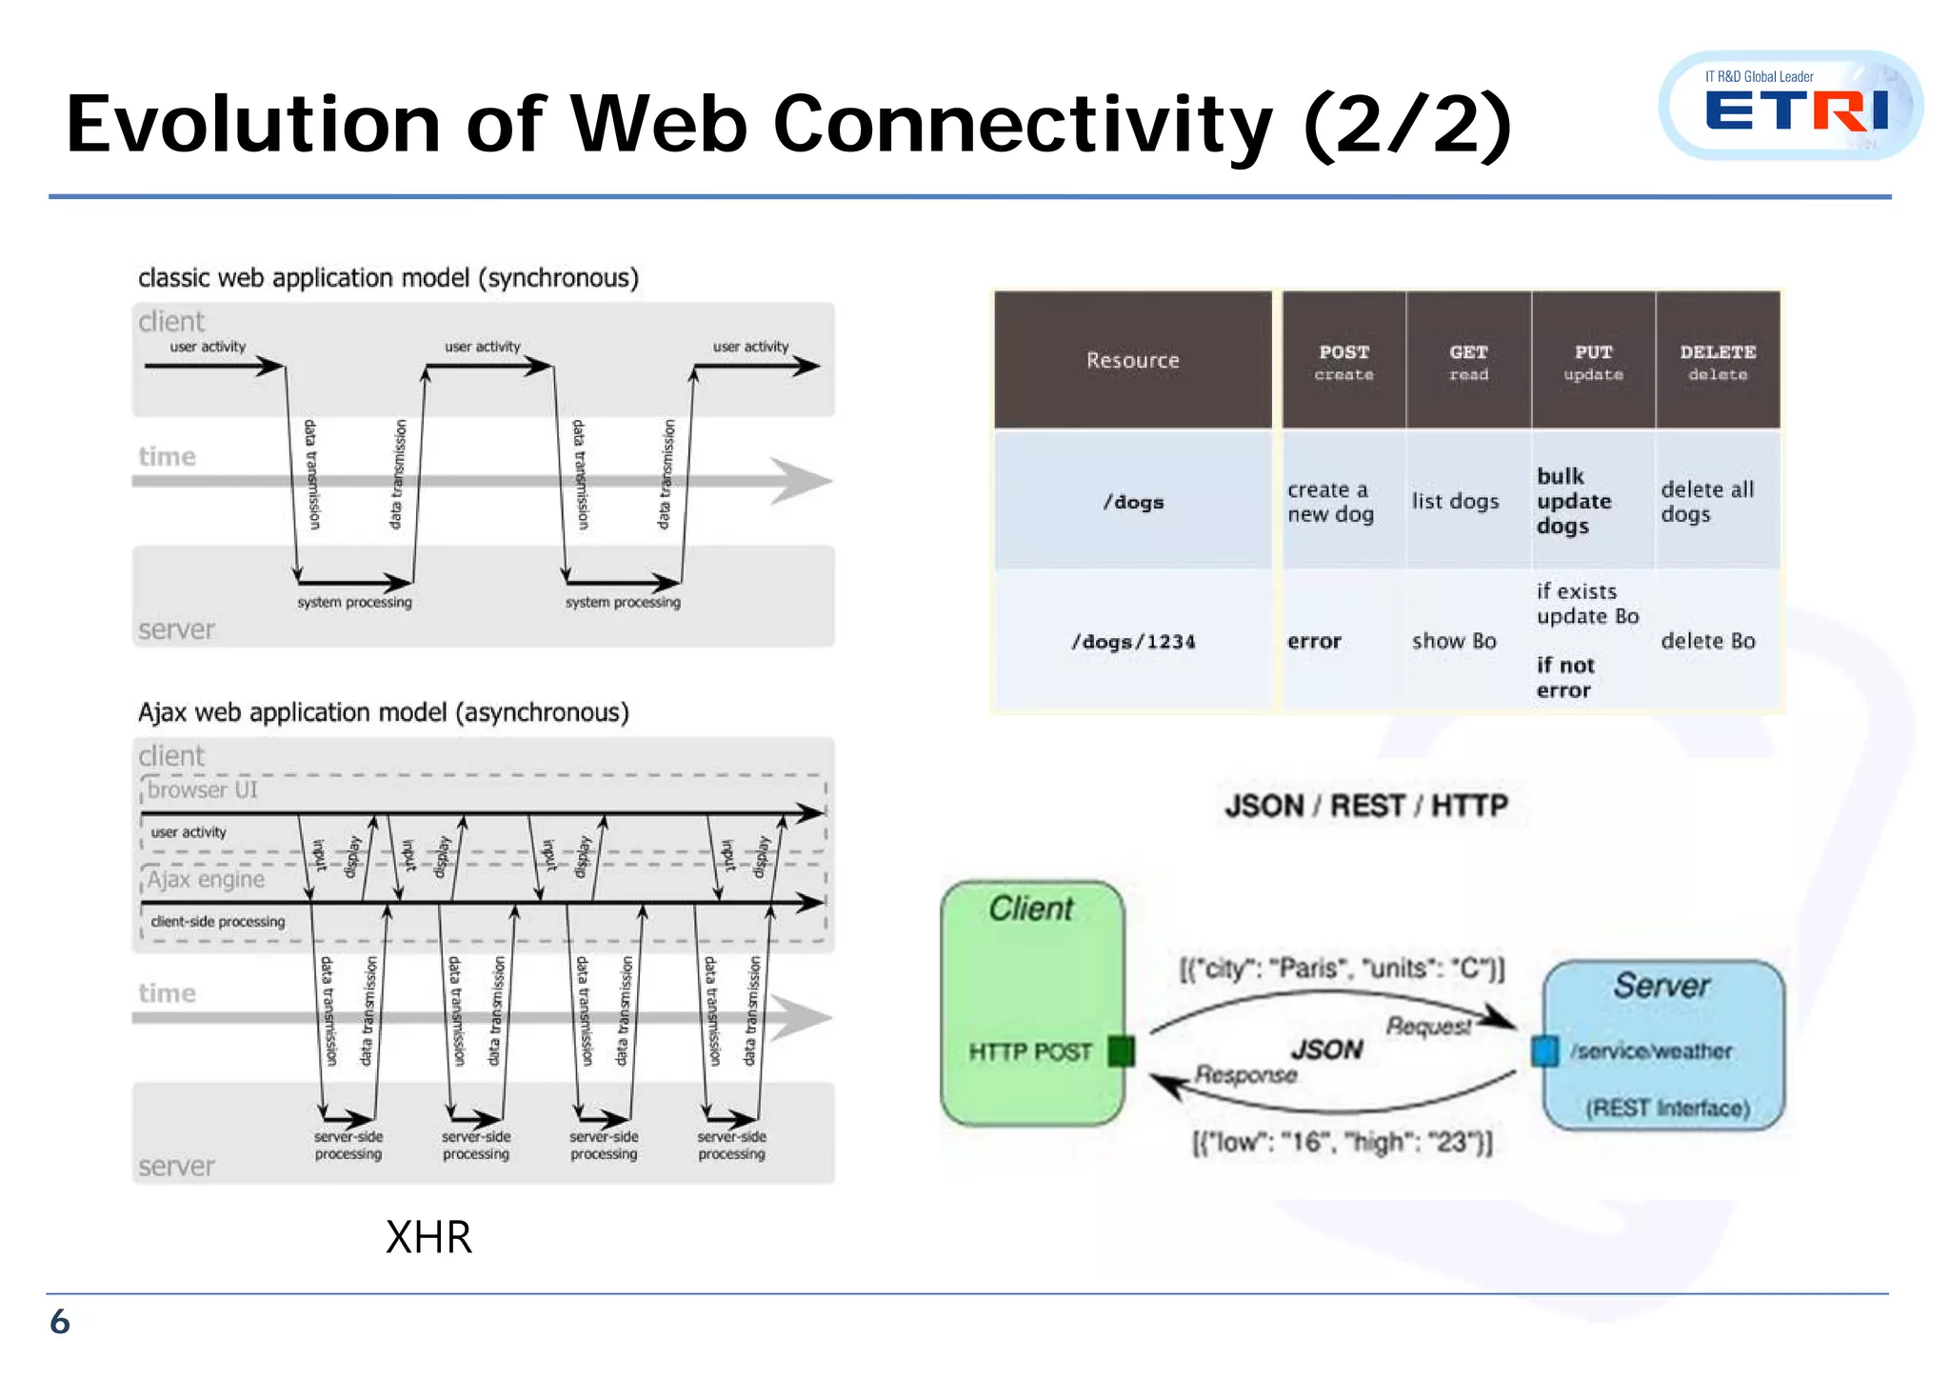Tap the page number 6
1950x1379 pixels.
click(60, 1322)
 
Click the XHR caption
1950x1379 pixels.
click(428, 1237)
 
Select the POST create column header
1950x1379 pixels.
click(1343, 361)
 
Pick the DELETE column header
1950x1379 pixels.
click(1718, 361)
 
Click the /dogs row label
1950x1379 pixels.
click(1133, 502)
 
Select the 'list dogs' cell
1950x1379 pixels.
click(1455, 501)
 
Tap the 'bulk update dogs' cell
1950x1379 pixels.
click(1573, 501)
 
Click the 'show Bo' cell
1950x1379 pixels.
click(1454, 641)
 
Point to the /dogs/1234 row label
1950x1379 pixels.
click(1133, 642)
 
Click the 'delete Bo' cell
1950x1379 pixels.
click(1707, 641)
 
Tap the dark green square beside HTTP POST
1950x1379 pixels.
click(1122, 1051)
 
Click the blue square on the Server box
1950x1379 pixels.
click(1544, 1050)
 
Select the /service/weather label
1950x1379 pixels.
click(1651, 1051)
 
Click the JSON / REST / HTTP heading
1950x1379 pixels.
click(1366, 806)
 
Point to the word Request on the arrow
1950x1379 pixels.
click(1428, 1026)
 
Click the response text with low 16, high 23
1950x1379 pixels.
click(1343, 1142)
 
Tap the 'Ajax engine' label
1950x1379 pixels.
click(206, 879)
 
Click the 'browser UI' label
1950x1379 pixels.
click(202, 789)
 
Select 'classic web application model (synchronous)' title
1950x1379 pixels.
click(388, 278)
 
